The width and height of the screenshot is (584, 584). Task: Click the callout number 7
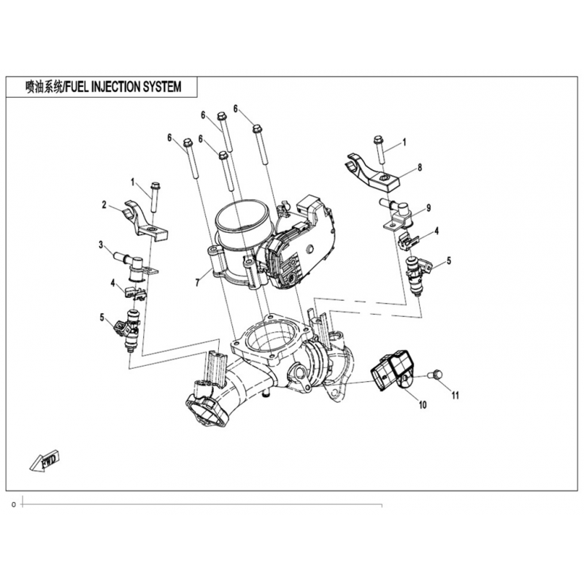pos(198,280)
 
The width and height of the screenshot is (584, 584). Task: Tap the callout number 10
pos(422,404)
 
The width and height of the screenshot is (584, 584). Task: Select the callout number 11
pos(456,396)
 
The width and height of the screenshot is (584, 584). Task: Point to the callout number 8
pos(420,167)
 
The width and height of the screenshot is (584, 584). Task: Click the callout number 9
pos(429,208)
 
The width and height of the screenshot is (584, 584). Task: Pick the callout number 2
pos(104,205)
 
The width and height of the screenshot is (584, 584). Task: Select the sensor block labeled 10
pos(392,371)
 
